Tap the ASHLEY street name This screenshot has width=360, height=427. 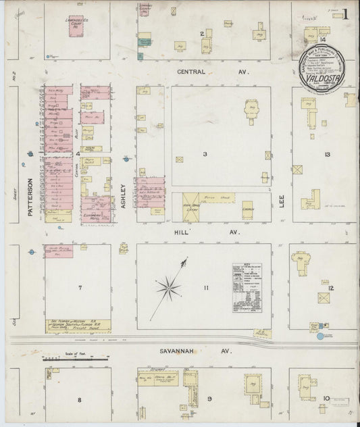124,192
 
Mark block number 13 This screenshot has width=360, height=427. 327,155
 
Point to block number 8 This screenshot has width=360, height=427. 79,399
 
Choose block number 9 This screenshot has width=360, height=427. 209,399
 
